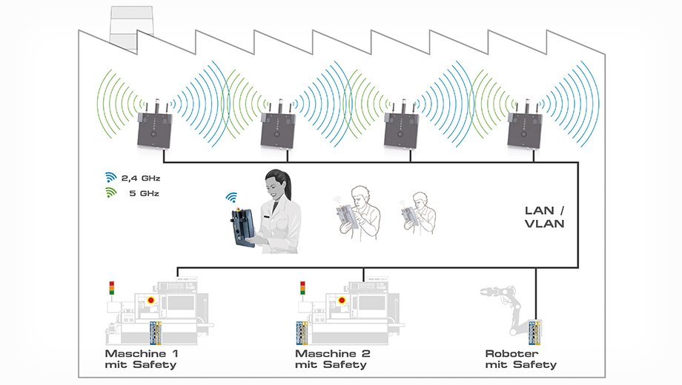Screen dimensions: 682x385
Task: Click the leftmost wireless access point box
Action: click(x=154, y=130)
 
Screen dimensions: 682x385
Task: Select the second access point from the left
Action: click(x=278, y=130)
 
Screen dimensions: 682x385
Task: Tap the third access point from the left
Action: click(x=401, y=130)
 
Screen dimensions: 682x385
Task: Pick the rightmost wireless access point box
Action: click(x=525, y=130)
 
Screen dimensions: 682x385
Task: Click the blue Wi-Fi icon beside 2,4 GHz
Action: click(x=111, y=177)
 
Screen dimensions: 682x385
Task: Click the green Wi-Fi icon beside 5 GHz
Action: click(x=111, y=192)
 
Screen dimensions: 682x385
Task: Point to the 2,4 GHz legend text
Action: click(x=141, y=178)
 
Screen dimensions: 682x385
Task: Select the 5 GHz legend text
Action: click(x=144, y=193)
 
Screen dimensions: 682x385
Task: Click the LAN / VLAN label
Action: click(x=545, y=217)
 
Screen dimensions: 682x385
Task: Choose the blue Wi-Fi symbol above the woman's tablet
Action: click(x=231, y=198)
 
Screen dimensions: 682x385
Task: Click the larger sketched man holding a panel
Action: click(x=359, y=212)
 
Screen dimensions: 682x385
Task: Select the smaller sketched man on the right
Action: click(x=418, y=213)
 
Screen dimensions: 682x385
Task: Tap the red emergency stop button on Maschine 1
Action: click(x=151, y=300)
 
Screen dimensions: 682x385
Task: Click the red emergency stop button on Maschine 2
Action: click(x=342, y=300)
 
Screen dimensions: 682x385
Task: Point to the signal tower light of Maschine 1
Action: click(x=112, y=289)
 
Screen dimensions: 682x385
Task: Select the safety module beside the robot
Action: click(x=534, y=332)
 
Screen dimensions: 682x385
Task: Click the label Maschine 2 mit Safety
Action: click(x=333, y=359)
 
